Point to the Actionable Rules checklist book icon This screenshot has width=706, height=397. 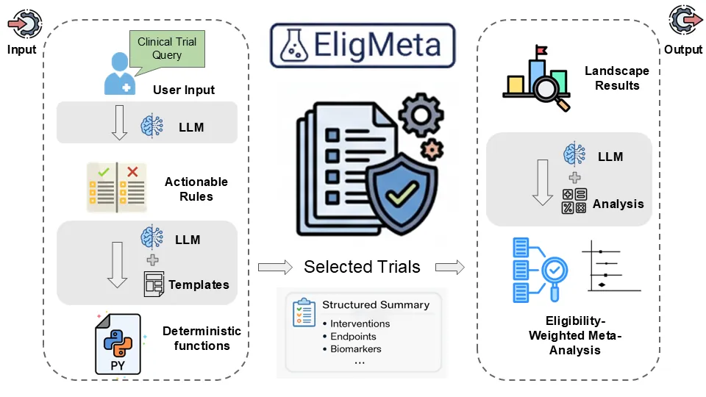(x=116, y=188)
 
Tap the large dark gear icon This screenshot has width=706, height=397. (x=421, y=115)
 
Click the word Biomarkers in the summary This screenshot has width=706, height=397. (x=356, y=348)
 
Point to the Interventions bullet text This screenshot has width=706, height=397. (x=360, y=323)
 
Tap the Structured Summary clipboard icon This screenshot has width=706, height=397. (x=303, y=312)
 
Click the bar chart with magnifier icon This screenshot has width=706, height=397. (x=538, y=79)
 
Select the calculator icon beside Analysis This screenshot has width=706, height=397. (x=574, y=201)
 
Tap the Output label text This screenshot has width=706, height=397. (x=683, y=50)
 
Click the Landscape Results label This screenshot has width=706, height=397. (x=617, y=78)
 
